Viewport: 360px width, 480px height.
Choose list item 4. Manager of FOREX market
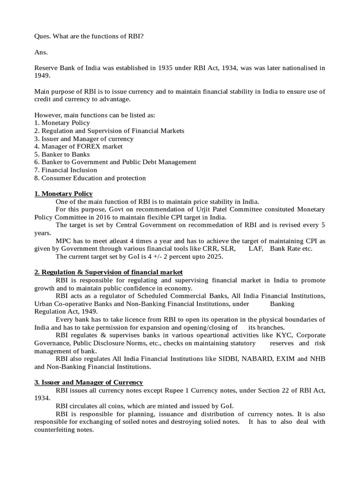78,146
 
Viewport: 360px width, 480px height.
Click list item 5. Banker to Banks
62,154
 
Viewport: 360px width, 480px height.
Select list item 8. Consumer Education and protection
90,178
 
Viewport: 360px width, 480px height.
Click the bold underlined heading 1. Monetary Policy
63,194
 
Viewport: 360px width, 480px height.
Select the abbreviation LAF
255,249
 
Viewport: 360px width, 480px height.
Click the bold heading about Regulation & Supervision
108,272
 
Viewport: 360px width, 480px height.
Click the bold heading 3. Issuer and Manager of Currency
89,382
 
